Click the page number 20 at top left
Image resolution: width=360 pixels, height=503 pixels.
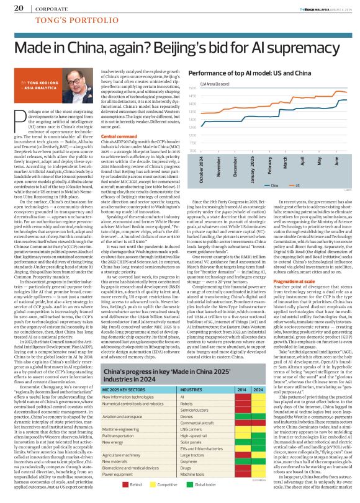[19, 8]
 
